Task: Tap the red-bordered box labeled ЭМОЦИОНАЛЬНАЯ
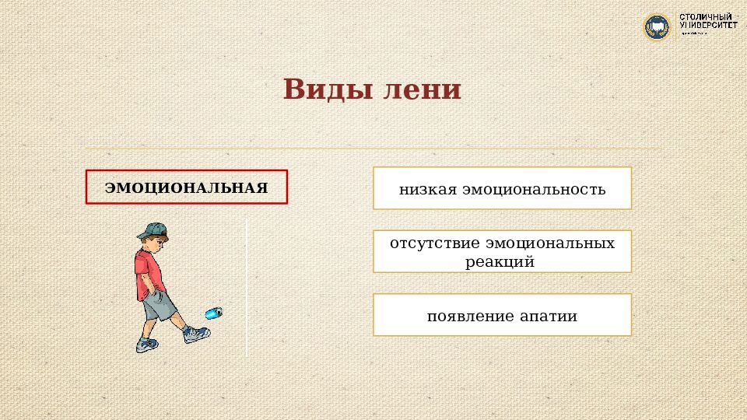pos(187,187)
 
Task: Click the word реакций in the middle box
pos(500,262)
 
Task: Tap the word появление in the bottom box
pos(469,317)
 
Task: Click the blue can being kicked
pos(213,312)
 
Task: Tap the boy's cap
pos(153,230)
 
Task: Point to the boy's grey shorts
pos(160,305)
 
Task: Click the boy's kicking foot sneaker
pos(196,334)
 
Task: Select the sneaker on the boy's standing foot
pos(146,344)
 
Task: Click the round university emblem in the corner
pos(657,27)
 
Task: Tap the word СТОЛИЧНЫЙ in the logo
pos(707,16)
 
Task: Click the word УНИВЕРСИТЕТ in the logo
pos(708,26)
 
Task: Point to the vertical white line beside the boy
pos(247,288)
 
